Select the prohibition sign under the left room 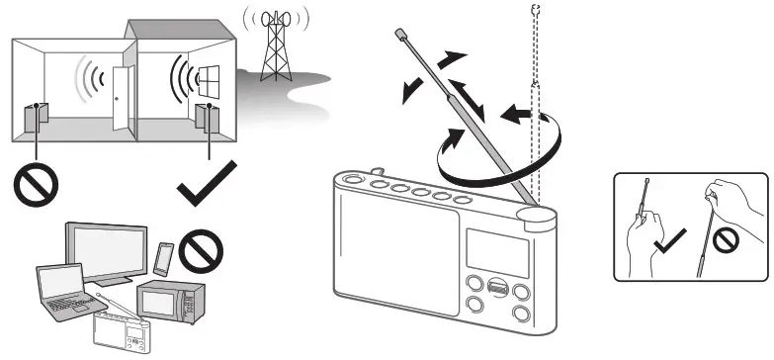(x=36, y=183)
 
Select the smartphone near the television (x=162, y=258)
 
